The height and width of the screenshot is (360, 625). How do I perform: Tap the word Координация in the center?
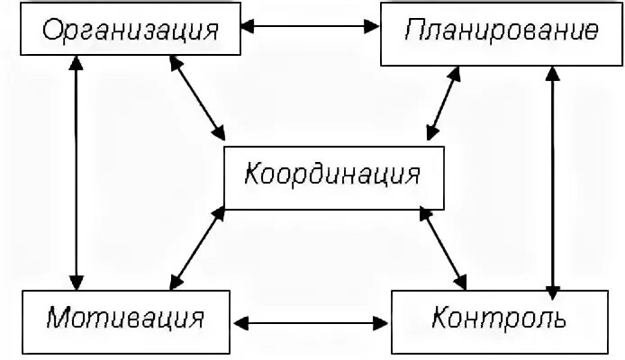pyautogui.click(x=334, y=174)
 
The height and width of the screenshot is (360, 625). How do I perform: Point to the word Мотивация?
pyautogui.click(x=125, y=319)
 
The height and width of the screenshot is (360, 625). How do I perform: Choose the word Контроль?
pyautogui.click(x=498, y=319)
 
